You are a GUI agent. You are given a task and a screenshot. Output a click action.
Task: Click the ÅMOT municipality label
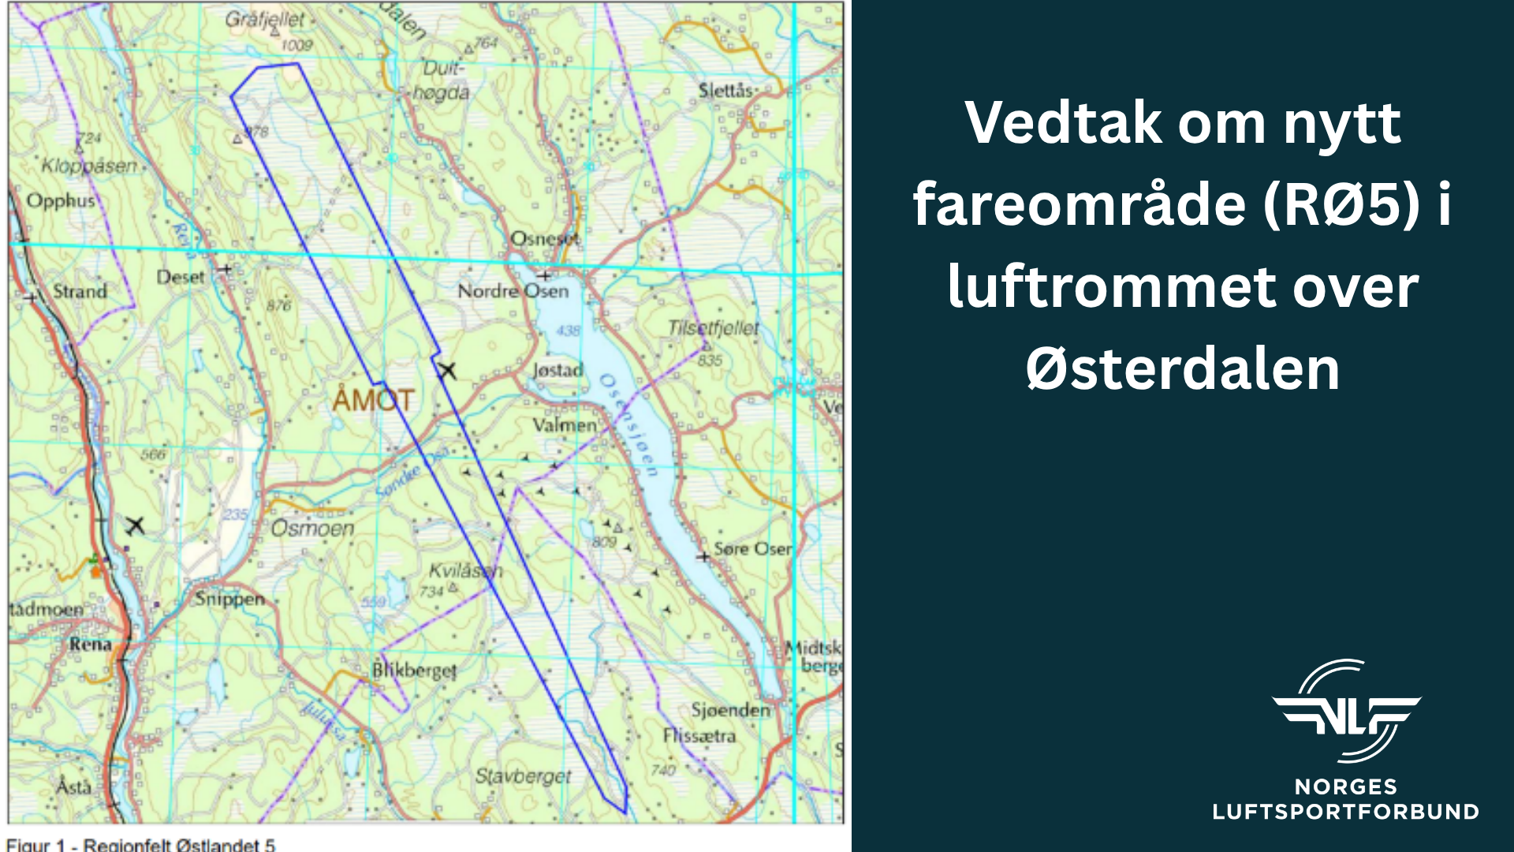(373, 400)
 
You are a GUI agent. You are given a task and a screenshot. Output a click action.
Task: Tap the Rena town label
(90, 644)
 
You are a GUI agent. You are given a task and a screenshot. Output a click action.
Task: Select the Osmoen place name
(312, 528)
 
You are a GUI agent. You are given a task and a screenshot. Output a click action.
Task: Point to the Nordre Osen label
(513, 291)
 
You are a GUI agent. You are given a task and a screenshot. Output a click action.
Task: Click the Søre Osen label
(752, 548)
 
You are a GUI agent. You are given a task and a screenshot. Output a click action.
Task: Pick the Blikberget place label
(414, 671)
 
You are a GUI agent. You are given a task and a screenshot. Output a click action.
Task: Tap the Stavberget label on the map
(523, 776)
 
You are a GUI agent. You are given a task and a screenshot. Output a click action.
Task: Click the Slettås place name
(725, 91)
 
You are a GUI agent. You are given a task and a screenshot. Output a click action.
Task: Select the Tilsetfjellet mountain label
(713, 328)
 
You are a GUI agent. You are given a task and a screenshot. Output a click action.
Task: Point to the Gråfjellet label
(265, 19)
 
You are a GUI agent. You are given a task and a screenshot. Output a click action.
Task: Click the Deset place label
(180, 277)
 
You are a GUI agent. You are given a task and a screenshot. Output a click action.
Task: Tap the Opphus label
(61, 200)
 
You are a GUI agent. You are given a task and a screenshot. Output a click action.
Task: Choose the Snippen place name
(230, 599)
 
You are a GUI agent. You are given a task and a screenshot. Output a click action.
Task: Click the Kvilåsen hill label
(465, 570)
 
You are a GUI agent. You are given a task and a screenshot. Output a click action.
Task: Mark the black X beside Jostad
(447, 370)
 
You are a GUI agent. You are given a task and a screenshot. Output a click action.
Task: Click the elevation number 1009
(297, 46)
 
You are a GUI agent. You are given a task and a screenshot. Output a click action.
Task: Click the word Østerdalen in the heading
(1183, 368)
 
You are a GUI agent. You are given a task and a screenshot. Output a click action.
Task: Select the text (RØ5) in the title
(1341, 204)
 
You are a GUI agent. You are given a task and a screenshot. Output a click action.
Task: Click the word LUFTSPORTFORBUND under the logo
(1345, 812)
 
